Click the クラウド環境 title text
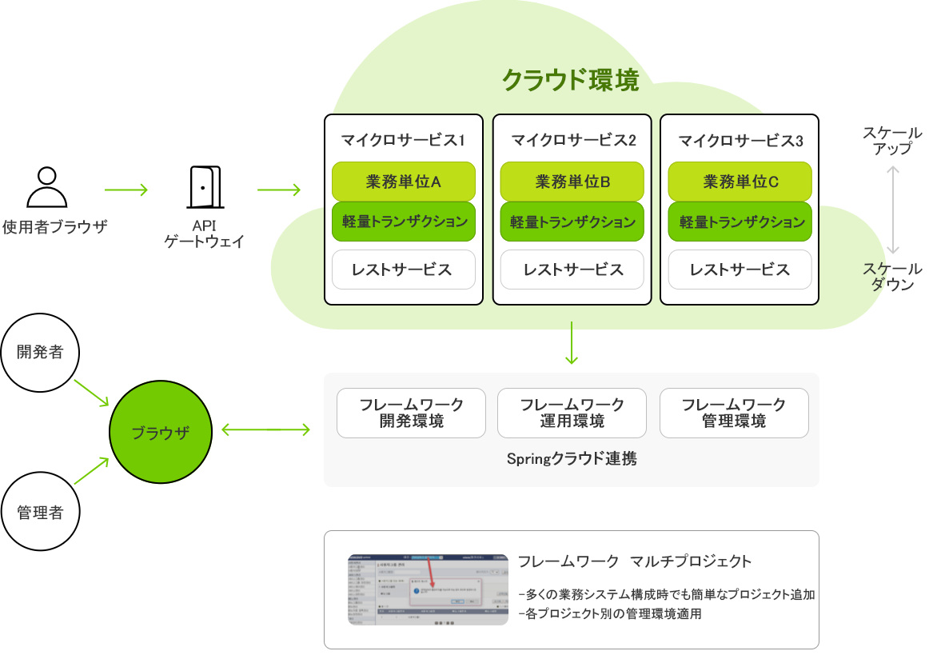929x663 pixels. tap(570, 81)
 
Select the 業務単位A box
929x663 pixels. tap(404, 182)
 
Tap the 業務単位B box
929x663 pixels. tap(572, 182)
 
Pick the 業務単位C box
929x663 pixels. tap(740, 182)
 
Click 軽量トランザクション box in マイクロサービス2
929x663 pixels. tap(572, 222)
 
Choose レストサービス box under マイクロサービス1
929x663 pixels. tap(404, 270)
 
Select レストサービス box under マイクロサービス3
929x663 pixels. tap(740, 270)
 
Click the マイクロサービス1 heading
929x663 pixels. tap(404, 141)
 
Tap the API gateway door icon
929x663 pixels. tap(204, 187)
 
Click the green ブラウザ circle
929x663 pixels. tap(161, 432)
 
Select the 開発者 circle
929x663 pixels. tap(40, 352)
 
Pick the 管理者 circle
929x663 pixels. tap(40, 512)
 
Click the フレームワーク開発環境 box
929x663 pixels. tap(411, 413)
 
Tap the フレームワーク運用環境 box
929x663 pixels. tap(572, 413)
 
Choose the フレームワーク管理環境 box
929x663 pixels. tap(734, 413)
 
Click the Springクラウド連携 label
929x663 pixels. tap(572, 459)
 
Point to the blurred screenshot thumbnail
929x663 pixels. tap(428, 589)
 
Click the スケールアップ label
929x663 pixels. tap(892, 140)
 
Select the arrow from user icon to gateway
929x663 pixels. tap(126, 190)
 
